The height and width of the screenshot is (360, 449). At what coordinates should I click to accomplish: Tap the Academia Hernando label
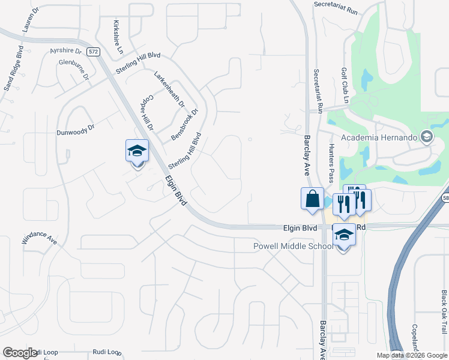coord(379,137)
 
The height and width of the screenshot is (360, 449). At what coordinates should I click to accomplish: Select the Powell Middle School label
coord(293,246)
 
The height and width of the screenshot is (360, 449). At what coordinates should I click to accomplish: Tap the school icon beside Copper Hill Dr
coord(137,151)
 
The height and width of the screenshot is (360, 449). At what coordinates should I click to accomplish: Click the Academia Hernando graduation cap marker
coord(427,136)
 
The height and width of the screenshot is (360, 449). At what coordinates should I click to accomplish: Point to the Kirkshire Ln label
coord(117,35)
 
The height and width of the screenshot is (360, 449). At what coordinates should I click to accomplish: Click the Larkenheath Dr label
coord(169,89)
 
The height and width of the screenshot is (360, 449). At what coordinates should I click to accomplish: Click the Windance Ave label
coord(40,234)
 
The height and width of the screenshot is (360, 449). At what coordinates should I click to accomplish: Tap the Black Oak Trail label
coord(444,311)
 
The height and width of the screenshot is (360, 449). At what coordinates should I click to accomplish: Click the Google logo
coord(20,353)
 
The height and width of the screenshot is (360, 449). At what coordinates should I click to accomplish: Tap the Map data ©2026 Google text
coord(412,355)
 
